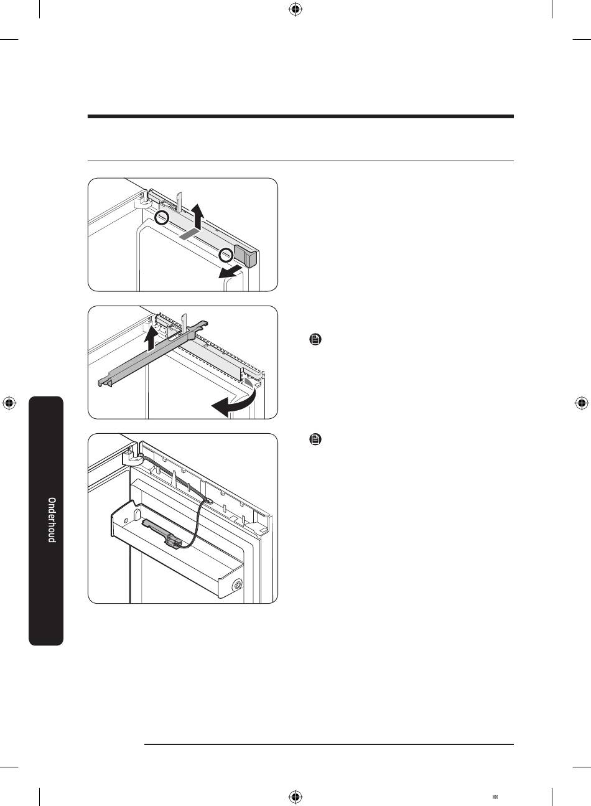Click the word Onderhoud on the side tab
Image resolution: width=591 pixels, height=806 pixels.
[x=52, y=520]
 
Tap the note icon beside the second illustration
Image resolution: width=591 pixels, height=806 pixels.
[x=315, y=339]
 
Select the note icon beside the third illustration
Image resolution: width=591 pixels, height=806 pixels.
[x=315, y=439]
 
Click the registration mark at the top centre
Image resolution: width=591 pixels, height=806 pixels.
[x=295, y=9]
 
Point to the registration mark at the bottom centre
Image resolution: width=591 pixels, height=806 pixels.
[x=295, y=796]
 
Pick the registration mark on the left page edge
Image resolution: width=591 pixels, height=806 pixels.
[x=9, y=403]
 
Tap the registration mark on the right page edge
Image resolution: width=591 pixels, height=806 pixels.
[x=582, y=403]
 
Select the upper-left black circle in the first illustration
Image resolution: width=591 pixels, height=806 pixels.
[x=162, y=217]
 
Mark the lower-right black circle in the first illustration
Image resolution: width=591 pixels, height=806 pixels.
[x=226, y=255]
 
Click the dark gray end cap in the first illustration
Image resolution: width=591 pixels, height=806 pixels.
[x=246, y=256]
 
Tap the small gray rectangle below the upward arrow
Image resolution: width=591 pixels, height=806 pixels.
[x=189, y=234]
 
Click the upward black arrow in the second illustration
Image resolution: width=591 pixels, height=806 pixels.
[x=151, y=337]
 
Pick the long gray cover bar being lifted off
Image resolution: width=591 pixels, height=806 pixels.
[x=153, y=354]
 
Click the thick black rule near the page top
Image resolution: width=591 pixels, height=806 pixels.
[x=300, y=116]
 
